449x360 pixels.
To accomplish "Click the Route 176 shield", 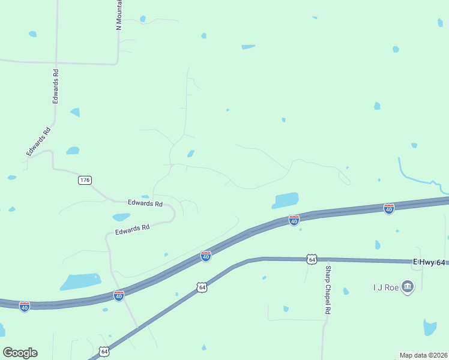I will tap(85, 180).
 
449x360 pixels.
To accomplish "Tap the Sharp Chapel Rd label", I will tap(328, 290).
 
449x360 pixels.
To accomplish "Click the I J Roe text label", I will tap(386, 287).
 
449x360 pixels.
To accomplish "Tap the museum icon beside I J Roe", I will tap(408, 287).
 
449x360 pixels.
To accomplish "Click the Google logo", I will tap(20, 353).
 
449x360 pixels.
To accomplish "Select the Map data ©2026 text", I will tap(423, 355).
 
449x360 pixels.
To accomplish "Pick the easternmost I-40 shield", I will tap(389, 208).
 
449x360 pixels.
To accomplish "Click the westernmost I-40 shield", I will tap(25, 307).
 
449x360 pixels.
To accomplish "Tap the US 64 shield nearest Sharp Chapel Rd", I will tap(311, 259).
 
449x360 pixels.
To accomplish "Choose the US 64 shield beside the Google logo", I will tap(104, 351).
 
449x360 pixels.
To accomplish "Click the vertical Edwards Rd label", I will tap(55, 86).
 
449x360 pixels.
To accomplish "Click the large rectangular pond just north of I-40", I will tap(286, 200).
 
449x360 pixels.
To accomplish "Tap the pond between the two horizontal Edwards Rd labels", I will tap(121, 217).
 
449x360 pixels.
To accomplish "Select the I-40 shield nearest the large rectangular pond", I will tap(294, 221).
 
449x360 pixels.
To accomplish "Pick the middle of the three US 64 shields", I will tap(202, 287).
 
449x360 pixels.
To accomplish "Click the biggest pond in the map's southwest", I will tap(80, 281).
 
